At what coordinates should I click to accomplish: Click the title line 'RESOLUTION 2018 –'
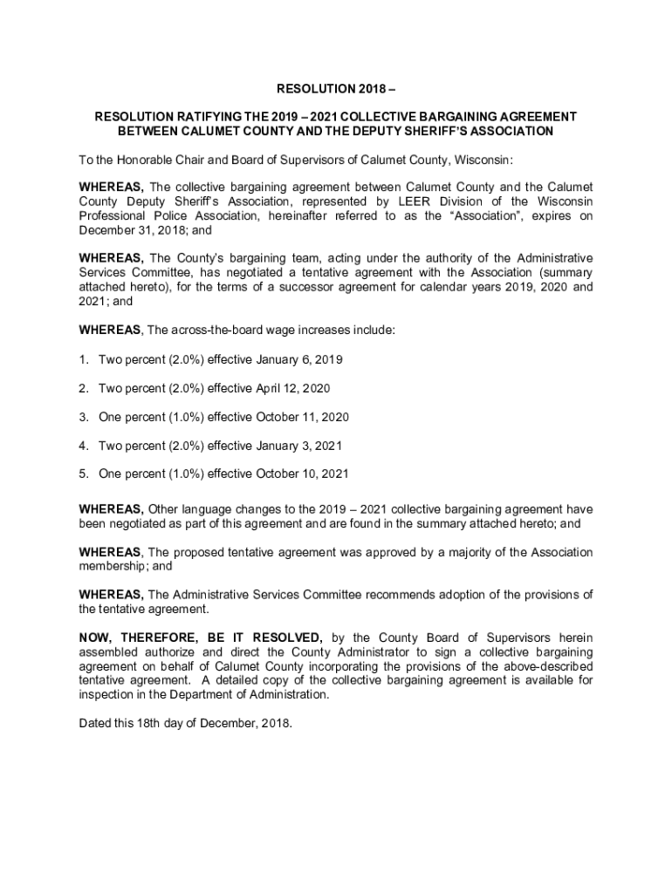tap(335, 88)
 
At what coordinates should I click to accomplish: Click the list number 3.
tap(84, 417)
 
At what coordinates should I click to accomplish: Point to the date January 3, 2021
tap(294, 446)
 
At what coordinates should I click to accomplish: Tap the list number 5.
tap(84, 474)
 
